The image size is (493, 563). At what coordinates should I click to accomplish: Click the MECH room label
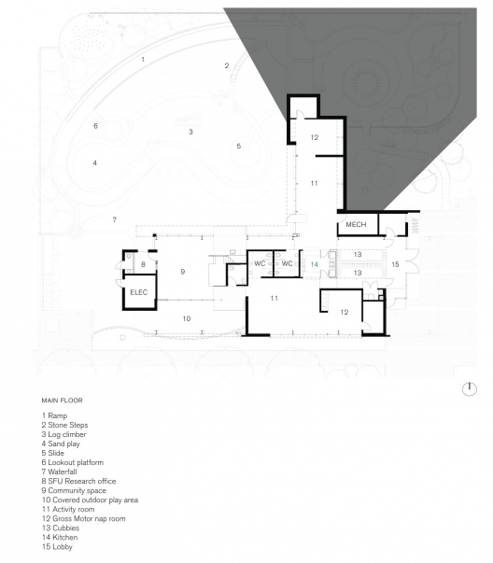click(x=356, y=224)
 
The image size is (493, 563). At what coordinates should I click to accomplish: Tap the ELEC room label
click(x=138, y=292)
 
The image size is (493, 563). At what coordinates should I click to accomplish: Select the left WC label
click(x=260, y=263)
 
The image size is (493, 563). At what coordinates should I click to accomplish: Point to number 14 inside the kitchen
click(x=314, y=264)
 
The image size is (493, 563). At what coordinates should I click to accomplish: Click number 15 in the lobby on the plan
click(x=395, y=264)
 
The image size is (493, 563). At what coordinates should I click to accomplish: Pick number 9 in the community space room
click(x=183, y=272)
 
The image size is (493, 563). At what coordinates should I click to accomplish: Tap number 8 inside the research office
click(x=143, y=264)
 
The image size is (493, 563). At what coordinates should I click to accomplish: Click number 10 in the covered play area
click(x=187, y=318)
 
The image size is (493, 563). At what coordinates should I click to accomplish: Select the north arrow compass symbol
click(x=469, y=388)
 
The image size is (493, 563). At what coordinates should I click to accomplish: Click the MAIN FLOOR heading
click(x=63, y=401)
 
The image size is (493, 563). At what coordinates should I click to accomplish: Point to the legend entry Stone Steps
click(x=64, y=425)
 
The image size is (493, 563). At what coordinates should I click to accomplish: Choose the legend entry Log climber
click(x=63, y=434)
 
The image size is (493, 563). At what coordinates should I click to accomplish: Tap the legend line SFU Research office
click(x=78, y=481)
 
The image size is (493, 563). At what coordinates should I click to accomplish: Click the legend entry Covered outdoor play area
click(x=90, y=500)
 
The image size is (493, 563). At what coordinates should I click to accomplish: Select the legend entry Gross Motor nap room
click(x=84, y=518)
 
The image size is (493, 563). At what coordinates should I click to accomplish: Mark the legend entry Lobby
click(x=57, y=547)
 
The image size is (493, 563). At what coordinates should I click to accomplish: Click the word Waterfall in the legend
click(x=63, y=472)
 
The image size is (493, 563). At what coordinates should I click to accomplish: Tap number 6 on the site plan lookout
click(x=95, y=126)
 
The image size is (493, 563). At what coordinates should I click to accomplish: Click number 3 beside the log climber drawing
click(x=190, y=132)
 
